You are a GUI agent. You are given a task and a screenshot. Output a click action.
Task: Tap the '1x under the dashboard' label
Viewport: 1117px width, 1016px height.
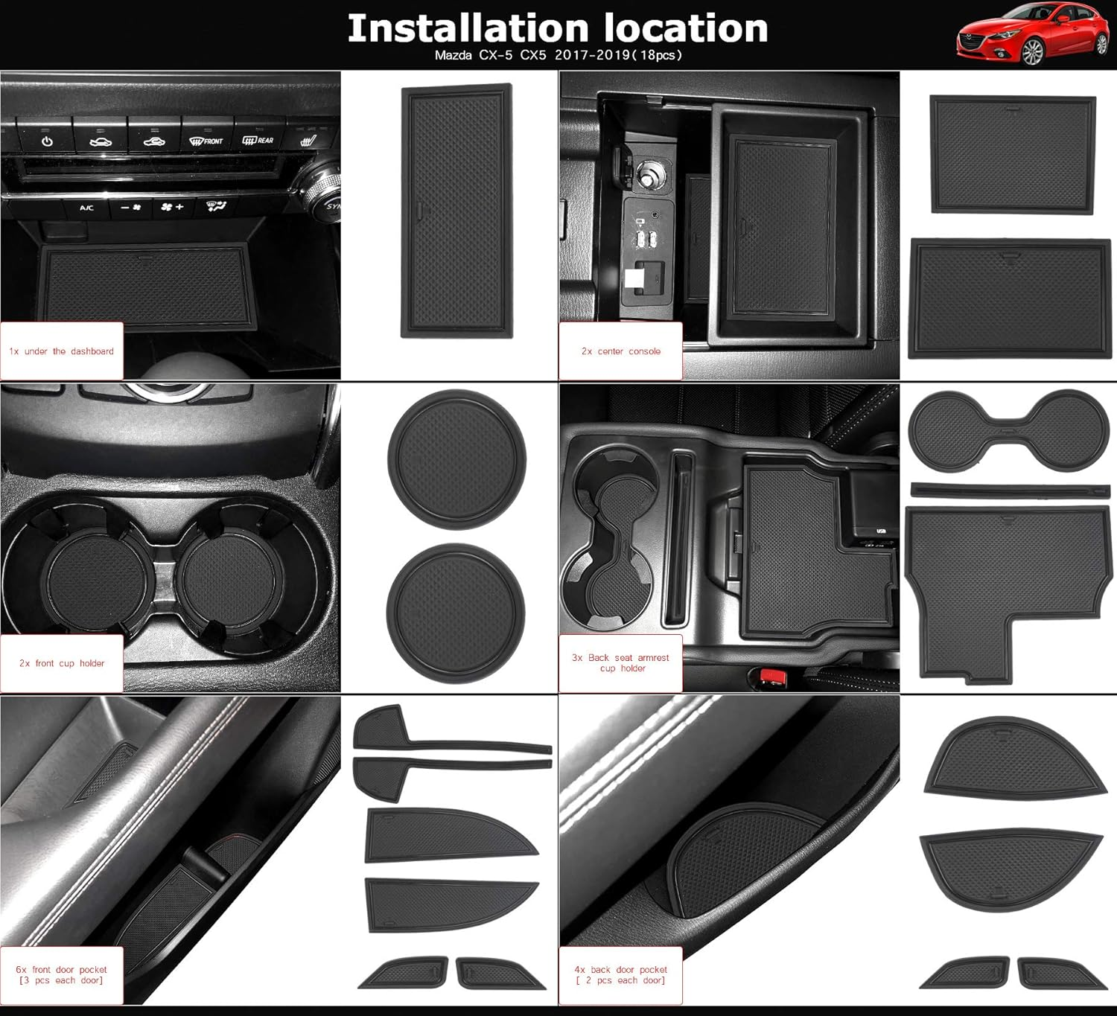click(62, 351)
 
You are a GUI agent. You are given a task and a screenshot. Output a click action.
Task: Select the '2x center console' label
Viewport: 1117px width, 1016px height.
click(621, 351)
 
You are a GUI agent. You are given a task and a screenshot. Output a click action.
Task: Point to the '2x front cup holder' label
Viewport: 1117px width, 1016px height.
click(62, 663)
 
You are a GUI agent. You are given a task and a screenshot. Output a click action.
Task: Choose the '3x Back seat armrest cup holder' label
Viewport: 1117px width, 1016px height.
click(621, 662)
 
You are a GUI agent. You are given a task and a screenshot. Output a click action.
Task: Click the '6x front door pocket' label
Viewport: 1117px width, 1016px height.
click(62, 974)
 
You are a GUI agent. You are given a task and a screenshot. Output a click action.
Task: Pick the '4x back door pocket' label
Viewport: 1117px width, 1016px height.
click(621, 974)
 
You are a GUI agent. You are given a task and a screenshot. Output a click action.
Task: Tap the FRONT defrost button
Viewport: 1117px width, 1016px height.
click(206, 140)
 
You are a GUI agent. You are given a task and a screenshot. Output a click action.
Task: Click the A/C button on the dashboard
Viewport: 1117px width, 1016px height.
click(86, 208)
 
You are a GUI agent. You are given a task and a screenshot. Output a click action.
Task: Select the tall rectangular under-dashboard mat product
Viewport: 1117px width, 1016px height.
click(457, 211)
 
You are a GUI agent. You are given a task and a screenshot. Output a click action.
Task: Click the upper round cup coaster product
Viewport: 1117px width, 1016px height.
click(456, 460)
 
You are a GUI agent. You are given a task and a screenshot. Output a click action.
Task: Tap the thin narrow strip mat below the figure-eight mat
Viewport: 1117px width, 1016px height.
click(1009, 490)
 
